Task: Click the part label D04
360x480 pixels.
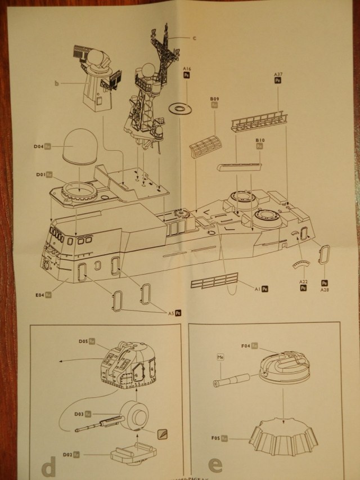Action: [x=38, y=147]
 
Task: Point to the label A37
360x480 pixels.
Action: [x=277, y=75]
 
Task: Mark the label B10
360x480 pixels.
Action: [x=259, y=139]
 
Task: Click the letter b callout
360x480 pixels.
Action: [x=57, y=84]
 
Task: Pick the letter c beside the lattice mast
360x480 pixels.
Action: [x=194, y=38]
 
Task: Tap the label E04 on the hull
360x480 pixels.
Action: [x=39, y=294]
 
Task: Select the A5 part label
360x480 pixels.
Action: [x=170, y=312]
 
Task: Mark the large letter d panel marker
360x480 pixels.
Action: [x=49, y=467]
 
